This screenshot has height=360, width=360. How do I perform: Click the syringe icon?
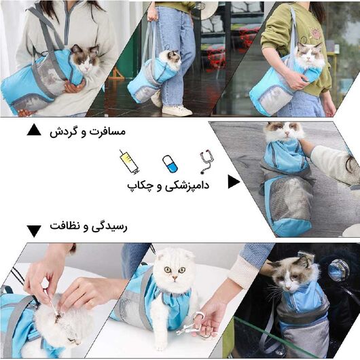(x=129, y=162)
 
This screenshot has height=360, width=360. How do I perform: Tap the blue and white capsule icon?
(x=169, y=163)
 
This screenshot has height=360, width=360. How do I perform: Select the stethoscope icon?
(x=206, y=162)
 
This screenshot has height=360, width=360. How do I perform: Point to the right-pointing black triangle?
(x=234, y=181)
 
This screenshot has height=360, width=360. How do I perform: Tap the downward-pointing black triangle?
(x=34, y=231)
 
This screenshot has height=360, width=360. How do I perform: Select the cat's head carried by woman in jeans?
(x=170, y=59)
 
